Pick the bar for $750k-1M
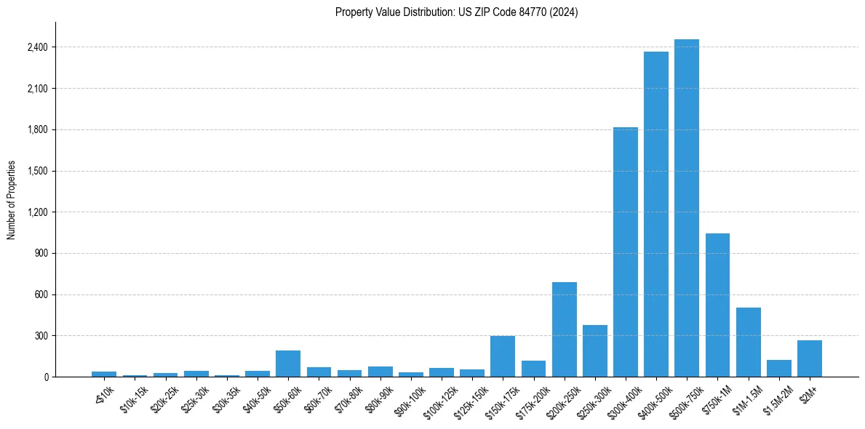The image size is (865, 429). click(x=717, y=305)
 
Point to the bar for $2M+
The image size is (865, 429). click(x=810, y=358)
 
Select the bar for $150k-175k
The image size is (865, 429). click(x=503, y=356)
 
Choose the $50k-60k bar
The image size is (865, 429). click(x=288, y=364)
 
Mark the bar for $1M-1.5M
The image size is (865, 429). click(x=748, y=342)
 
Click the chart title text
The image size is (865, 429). click(x=457, y=12)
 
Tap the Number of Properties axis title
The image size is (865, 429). click(x=12, y=200)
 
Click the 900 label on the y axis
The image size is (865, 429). click(x=41, y=253)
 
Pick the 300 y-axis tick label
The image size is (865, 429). click(x=41, y=336)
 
